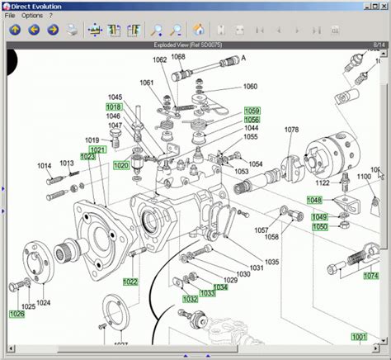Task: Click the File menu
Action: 10,16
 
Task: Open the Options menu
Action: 32,16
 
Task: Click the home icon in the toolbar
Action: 199,31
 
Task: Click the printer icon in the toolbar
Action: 73,31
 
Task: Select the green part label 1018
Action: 114,107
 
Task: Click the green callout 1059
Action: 252,111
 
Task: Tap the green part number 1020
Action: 121,165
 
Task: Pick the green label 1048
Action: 315,200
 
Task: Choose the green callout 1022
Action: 130,282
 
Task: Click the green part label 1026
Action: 16,314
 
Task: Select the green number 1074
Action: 371,277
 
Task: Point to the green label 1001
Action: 359,337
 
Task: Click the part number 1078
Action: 292,130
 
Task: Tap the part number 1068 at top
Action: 178,57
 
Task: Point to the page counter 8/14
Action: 377,45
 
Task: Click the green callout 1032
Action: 191,299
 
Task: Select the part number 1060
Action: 250,87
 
